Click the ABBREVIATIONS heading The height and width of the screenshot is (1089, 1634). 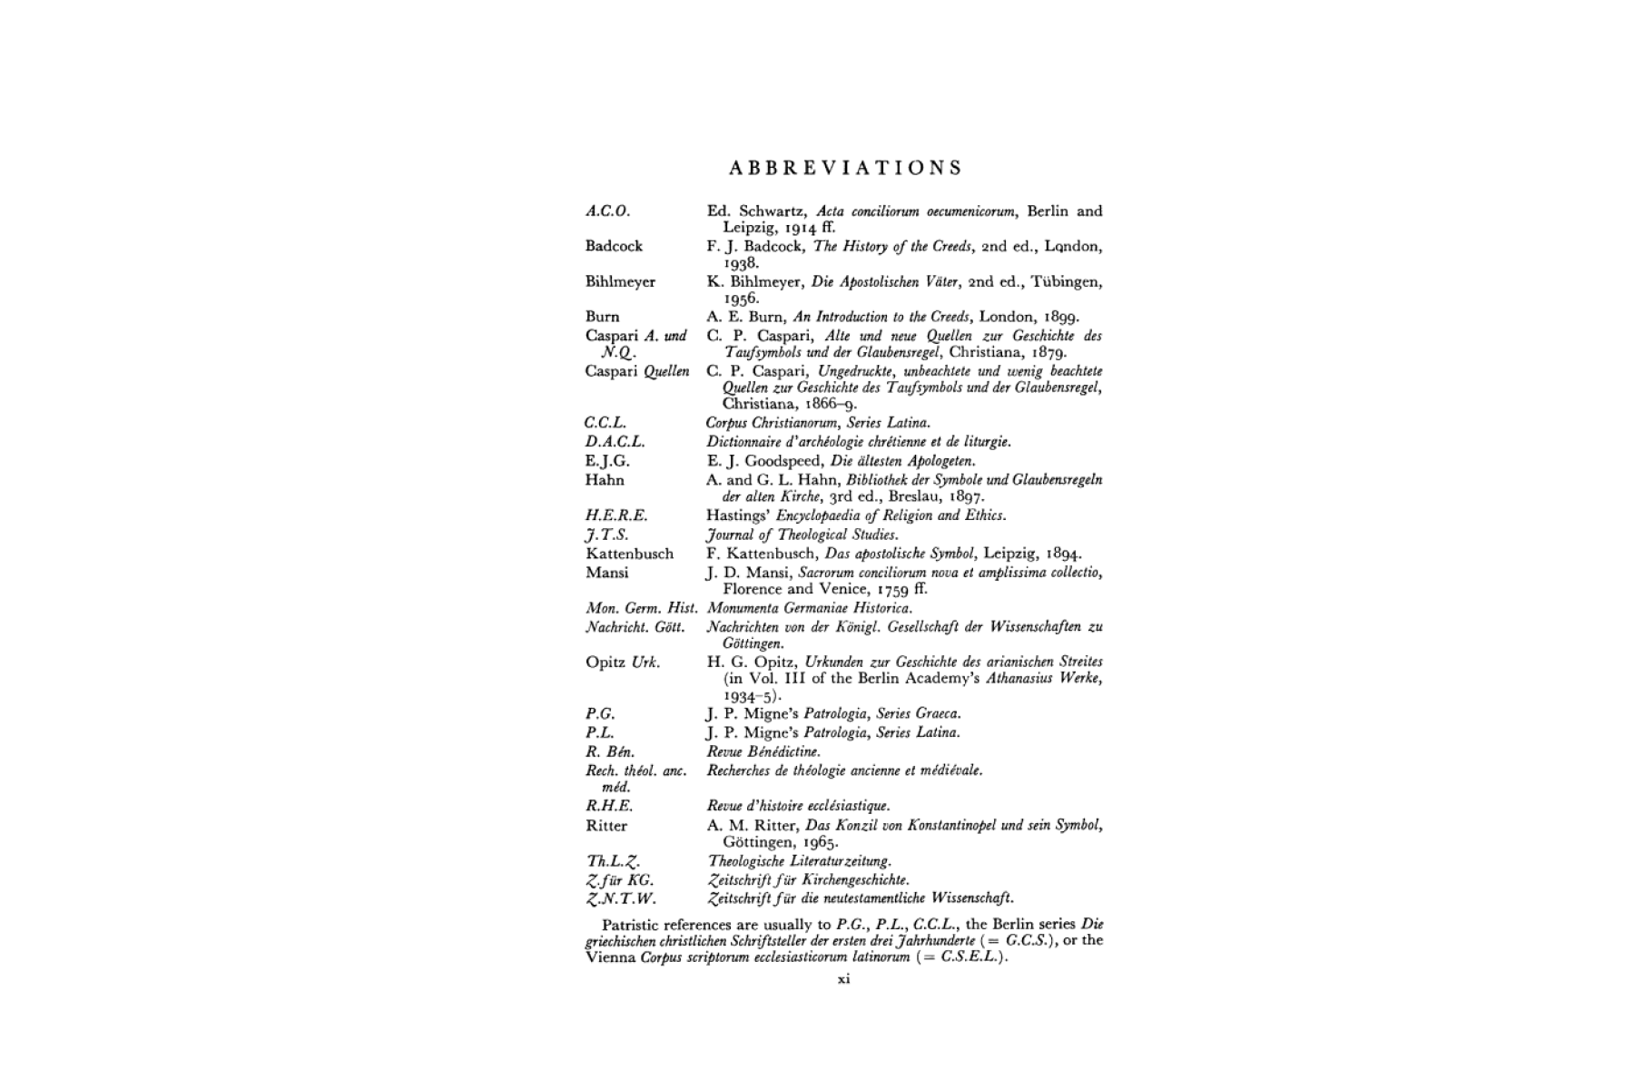click(x=845, y=168)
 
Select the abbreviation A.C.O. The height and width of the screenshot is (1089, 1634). click(x=607, y=211)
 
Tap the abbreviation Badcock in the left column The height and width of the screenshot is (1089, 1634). click(x=614, y=246)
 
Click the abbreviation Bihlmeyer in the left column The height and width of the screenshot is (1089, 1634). click(x=620, y=281)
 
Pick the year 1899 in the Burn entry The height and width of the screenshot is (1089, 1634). click(x=1058, y=317)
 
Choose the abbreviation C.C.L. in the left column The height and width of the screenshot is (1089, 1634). click(x=605, y=423)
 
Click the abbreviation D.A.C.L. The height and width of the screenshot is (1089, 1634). click(x=615, y=442)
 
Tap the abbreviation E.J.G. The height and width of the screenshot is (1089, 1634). click(x=607, y=461)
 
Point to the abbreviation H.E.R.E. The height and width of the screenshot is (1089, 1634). click(x=616, y=515)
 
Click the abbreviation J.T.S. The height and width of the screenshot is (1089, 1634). click(x=607, y=535)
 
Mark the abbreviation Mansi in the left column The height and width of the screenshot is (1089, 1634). click(x=606, y=573)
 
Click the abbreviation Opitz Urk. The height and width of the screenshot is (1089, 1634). click(x=623, y=662)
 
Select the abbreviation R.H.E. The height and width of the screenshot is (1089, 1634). click(x=609, y=806)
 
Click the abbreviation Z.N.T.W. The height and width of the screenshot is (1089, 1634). click(x=621, y=899)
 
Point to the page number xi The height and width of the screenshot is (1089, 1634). click(x=843, y=979)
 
